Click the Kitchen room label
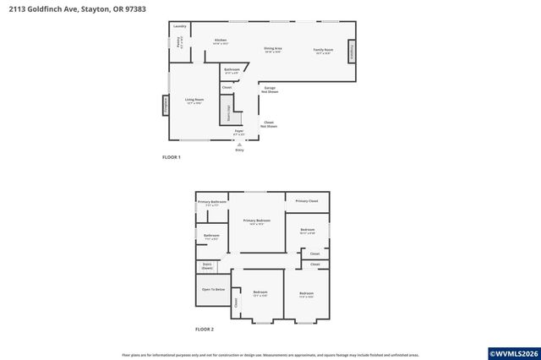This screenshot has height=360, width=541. (221, 41)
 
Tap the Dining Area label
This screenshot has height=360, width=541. (272, 49)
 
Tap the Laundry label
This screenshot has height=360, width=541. (179, 26)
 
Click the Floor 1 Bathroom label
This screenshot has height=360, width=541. (232, 70)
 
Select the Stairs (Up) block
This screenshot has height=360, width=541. (227, 111)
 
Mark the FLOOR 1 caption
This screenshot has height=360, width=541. (172, 157)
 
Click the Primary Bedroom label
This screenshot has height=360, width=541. (256, 221)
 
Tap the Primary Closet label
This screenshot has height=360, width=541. (307, 201)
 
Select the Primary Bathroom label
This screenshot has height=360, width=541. (211, 203)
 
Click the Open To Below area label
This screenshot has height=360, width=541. (213, 289)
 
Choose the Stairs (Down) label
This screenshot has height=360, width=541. (207, 265)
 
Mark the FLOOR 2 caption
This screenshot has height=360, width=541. (205, 329)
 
